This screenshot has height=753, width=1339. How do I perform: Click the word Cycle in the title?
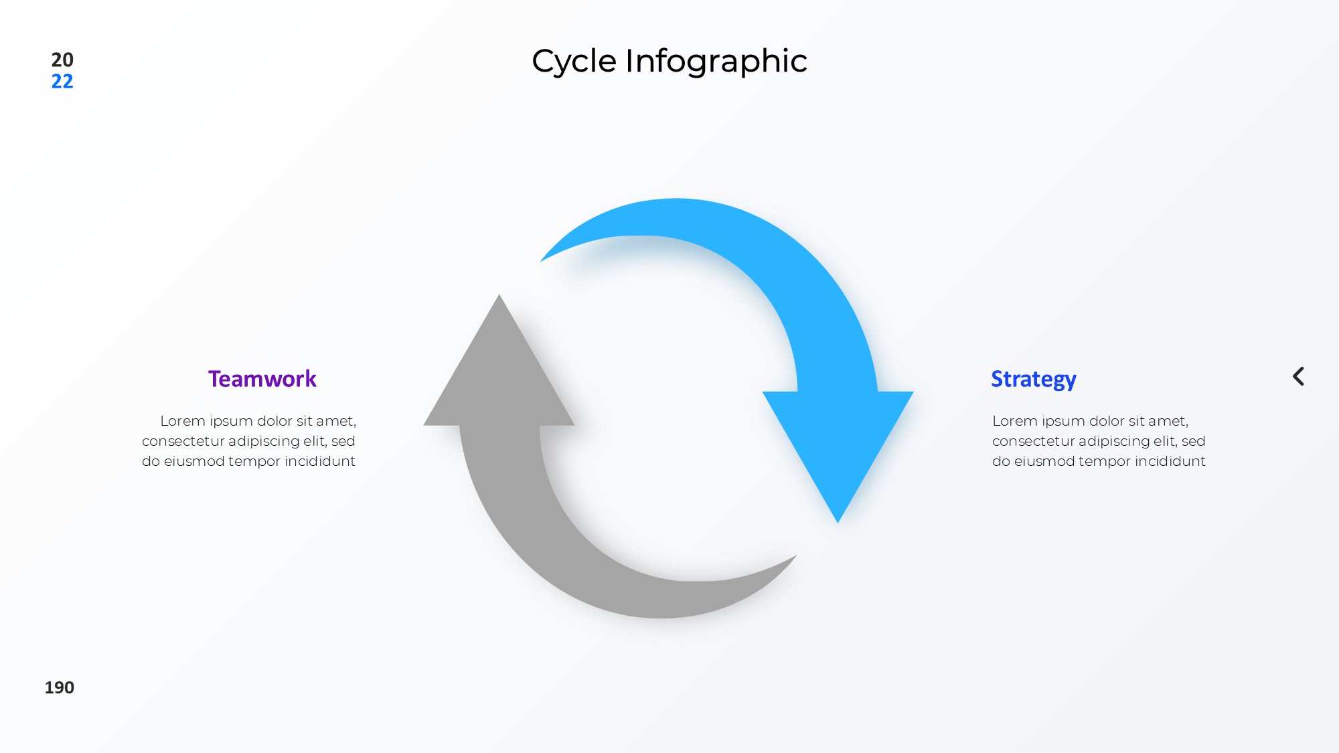(x=574, y=62)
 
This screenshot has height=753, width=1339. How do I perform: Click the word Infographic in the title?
(x=716, y=62)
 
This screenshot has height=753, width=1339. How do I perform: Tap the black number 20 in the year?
(x=62, y=60)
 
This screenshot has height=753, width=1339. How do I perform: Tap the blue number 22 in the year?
(x=62, y=81)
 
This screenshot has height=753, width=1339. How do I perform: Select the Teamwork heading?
(x=262, y=379)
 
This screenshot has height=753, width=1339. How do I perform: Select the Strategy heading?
(x=1034, y=380)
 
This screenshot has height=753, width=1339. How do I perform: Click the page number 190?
(x=60, y=687)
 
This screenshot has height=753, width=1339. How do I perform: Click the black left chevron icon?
(x=1298, y=376)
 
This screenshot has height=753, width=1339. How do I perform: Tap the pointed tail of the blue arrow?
(x=541, y=260)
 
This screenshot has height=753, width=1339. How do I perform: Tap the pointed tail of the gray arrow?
(x=796, y=556)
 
